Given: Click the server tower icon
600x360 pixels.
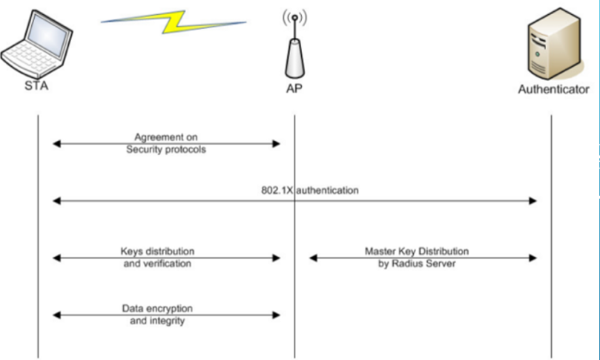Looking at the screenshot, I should point(552,44).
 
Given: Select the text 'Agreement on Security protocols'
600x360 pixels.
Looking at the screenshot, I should point(166,143).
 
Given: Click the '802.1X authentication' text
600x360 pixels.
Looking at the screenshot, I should point(310,190).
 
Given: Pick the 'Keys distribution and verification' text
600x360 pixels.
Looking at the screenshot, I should point(157,257).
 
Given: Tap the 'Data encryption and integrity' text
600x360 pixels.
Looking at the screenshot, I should point(161,315).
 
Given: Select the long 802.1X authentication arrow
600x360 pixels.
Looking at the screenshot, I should point(415,200).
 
